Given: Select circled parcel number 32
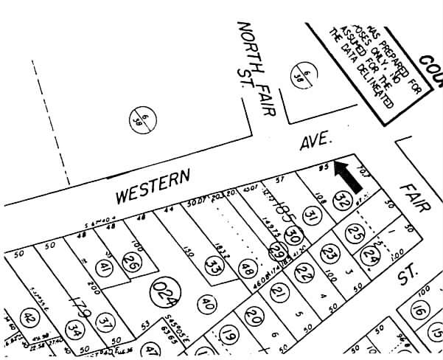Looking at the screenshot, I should point(341,201).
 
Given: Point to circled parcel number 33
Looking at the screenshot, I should point(214,263).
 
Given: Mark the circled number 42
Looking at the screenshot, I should point(29,319).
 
